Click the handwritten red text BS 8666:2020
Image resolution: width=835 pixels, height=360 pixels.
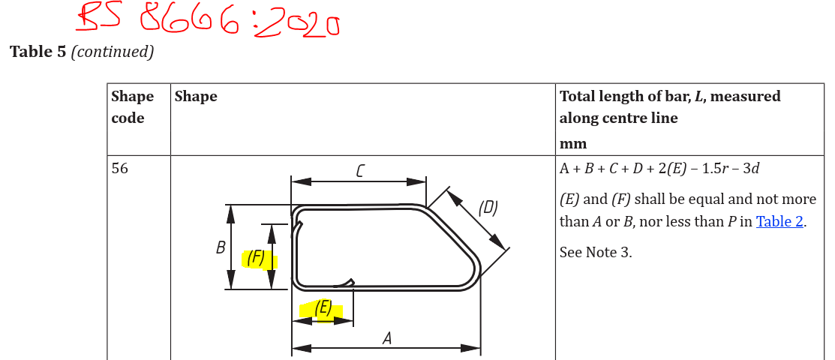210,21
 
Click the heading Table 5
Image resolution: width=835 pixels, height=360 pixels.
38,52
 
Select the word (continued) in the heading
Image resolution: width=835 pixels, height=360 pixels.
113,52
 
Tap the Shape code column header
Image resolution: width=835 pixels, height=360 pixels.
132,107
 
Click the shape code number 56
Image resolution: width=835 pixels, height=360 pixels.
119,169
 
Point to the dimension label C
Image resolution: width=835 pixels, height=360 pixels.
360,171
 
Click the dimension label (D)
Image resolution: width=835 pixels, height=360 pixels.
488,208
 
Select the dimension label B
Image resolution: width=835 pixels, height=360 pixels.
221,247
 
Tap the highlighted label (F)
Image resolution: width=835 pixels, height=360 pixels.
256,258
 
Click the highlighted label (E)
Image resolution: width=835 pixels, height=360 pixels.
323,307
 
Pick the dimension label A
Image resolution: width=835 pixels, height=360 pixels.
387,338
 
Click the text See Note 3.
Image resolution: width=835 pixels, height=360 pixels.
596,252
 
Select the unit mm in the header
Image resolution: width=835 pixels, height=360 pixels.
573,143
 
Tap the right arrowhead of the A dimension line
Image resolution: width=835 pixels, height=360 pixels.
473,348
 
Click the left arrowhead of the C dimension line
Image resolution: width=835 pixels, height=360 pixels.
300,181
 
